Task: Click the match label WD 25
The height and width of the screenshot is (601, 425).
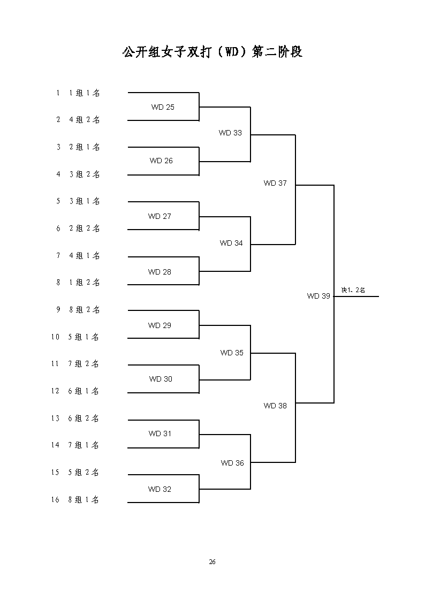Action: [163, 108]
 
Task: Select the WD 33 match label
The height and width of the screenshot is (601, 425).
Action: [230, 133]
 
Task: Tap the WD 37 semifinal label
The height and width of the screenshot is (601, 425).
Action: [275, 183]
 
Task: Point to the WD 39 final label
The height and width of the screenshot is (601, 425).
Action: [318, 296]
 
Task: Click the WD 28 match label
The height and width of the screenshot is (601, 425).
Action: [160, 272]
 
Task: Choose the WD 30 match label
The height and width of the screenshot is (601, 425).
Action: [161, 379]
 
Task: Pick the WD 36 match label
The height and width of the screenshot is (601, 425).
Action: [232, 463]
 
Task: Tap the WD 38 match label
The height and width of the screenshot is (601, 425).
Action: [275, 406]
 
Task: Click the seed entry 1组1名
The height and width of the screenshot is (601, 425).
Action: [85, 93]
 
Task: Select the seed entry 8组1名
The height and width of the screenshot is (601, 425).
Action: [84, 500]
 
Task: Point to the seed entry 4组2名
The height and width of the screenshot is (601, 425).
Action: [85, 119]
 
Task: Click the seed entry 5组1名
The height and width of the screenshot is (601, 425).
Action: [84, 337]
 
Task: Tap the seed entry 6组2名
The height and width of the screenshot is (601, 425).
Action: [84, 419]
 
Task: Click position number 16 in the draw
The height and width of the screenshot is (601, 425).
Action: [55, 500]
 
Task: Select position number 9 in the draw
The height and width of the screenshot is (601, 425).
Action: [58, 310]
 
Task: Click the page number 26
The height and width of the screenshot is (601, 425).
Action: [212, 562]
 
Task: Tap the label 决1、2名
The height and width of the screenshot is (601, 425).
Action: [353, 290]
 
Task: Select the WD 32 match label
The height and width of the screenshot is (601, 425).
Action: [160, 490]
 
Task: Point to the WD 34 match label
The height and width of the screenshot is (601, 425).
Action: [231, 244]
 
